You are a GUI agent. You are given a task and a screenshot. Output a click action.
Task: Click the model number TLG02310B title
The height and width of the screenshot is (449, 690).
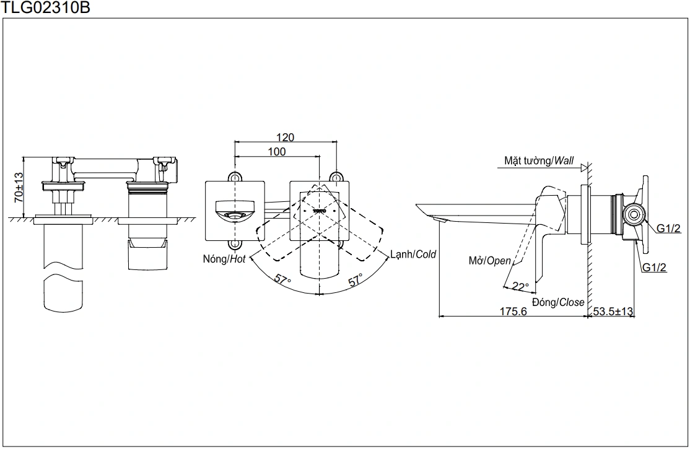(x=40, y=8)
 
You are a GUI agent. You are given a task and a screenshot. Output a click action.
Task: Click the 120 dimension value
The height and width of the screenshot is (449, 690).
(x=286, y=137)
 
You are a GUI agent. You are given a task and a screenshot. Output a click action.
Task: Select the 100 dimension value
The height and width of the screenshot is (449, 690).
(x=277, y=152)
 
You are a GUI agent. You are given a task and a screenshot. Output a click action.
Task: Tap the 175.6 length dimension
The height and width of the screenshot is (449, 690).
(x=513, y=312)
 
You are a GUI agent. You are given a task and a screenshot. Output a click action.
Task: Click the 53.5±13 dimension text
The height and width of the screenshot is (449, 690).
(x=613, y=312)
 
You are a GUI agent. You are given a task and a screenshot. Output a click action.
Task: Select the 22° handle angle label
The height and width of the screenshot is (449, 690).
(x=520, y=287)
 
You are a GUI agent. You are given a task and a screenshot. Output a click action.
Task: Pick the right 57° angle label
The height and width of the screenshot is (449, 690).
(x=356, y=280)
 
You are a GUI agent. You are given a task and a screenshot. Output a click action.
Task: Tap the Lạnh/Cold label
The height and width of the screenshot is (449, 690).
(x=413, y=254)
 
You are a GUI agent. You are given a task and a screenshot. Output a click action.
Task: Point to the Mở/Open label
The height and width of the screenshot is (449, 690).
(x=489, y=261)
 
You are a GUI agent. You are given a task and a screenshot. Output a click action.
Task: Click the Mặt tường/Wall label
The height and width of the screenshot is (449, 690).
(x=539, y=161)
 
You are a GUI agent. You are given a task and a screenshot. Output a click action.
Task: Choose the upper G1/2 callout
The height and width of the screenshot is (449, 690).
(x=669, y=229)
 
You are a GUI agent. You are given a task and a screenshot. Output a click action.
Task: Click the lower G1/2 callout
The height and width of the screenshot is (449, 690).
(x=654, y=268)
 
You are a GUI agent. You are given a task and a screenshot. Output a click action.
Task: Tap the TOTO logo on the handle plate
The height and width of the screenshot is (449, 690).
(x=320, y=211)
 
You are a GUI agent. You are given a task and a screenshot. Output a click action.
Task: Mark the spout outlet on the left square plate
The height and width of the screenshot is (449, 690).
(x=234, y=215)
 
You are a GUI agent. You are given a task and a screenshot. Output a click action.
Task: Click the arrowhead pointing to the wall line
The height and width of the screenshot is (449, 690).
(x=582, y=166)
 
